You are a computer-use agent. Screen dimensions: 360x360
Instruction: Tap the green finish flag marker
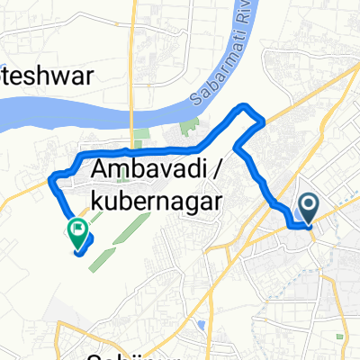pos(76,233)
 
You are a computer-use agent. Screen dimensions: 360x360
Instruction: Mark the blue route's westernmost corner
pos(50,177)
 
